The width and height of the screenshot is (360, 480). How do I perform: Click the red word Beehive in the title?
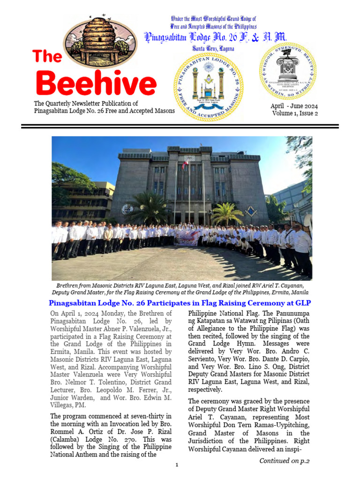pyautogui.click(x=96, y=83)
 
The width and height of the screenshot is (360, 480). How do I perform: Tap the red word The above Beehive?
pyautogui.click(x=47, y=57)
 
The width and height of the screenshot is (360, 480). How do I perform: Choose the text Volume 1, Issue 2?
pyautogui.click(x=294, y=113)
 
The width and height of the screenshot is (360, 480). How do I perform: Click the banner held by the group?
pyautogui.click(x=187, y=239)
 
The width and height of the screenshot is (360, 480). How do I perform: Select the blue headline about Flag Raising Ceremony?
pyautogui.click(x=180, y=303)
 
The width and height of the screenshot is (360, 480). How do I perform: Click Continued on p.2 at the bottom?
pyautogui.click(x=285, y=461)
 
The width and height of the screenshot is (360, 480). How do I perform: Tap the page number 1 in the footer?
pyautogui.click(x=177, y=465)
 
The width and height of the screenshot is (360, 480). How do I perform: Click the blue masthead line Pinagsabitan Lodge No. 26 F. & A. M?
pyautogui.click(x=215, y=37)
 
